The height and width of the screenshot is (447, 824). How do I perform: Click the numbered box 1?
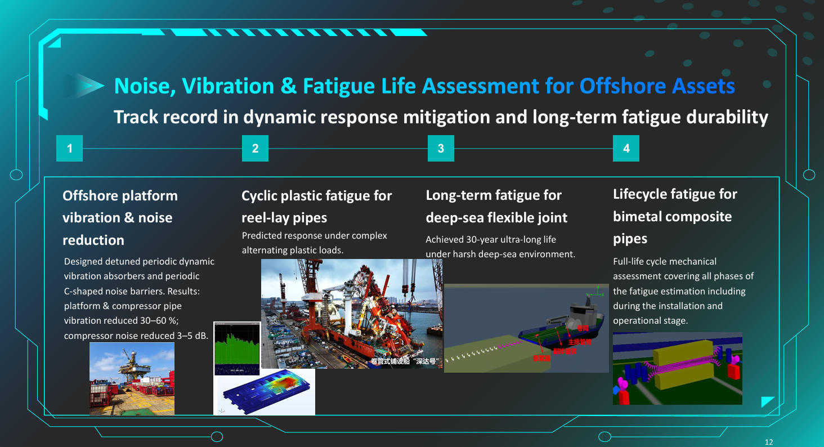click(70, 149)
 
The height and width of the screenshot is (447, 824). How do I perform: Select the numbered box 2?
click(255, 149)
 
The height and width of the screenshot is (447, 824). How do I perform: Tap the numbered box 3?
click(441, 149)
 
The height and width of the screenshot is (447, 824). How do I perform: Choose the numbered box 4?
click(626, 149)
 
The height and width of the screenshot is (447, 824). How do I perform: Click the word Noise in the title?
click(141, 86)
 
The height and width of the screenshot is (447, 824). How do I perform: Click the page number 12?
click(769, 442)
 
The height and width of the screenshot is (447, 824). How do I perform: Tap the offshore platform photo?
click(132, 378)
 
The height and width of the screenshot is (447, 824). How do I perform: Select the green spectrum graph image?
click(237, 347)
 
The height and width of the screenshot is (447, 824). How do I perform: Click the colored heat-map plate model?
click(265, 392)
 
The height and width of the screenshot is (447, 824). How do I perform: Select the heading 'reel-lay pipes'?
click(284, 218)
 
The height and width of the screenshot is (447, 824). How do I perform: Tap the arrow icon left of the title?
click(84, 86)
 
